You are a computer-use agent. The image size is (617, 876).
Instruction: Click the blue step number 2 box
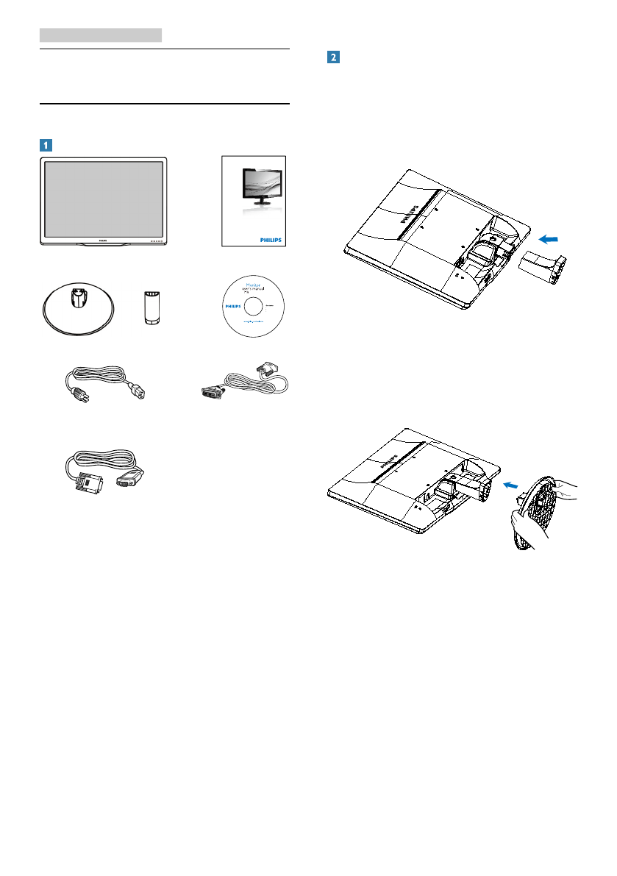pos(333,57)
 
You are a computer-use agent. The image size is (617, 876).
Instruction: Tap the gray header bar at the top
pos(100,35)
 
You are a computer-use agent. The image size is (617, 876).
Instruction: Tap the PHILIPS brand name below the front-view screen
pos(103,241)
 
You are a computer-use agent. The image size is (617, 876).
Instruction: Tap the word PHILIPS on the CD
pos(232,302)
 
